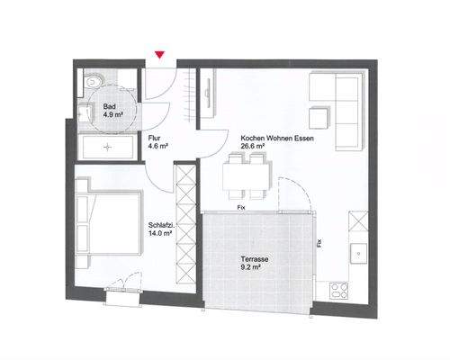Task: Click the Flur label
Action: (154, 139)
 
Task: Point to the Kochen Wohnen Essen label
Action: (276, 139)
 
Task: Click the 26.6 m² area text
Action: (253, 148)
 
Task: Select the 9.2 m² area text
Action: (249, 266)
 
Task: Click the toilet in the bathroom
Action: (96, 81)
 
